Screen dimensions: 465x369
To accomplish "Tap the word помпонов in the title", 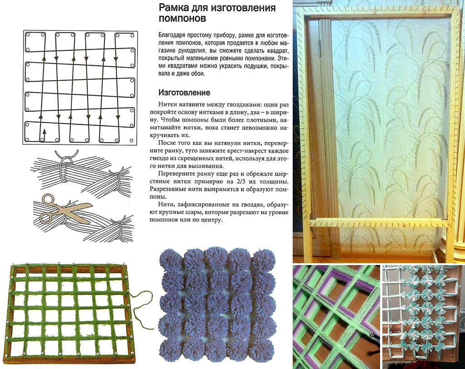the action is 183,18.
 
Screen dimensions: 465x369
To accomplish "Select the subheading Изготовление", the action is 184,93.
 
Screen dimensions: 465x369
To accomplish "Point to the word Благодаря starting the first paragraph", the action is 170,35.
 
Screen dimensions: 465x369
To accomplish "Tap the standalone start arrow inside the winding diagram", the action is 44,134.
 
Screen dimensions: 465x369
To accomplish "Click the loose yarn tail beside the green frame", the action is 142,305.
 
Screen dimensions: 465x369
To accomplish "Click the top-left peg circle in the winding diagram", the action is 28,34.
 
